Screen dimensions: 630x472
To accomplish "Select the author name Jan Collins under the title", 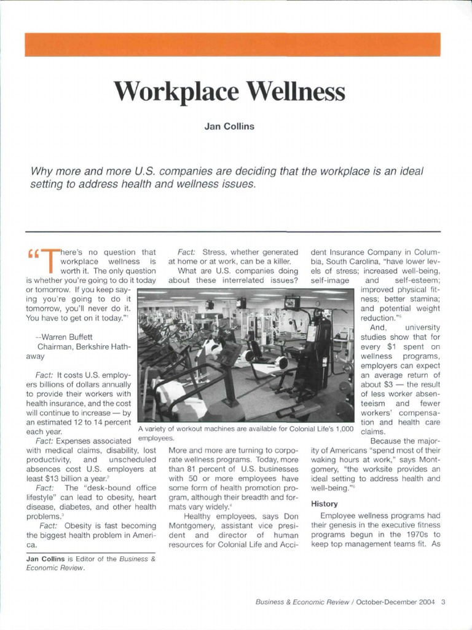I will [229, 127].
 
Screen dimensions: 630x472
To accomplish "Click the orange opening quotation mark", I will [33, 253].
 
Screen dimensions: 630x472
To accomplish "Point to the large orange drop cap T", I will [50, 260].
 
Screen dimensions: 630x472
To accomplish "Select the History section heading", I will [324, 503].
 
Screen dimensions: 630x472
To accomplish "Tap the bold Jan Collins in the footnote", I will [45, 559].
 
